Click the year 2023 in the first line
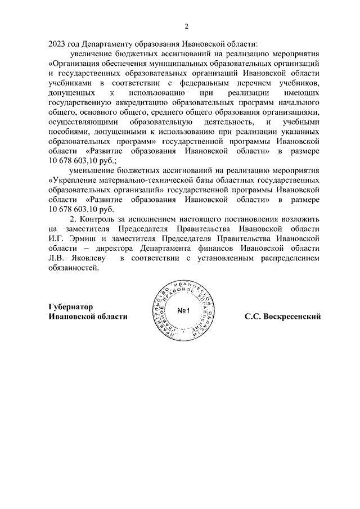58,43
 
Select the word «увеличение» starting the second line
91,54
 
